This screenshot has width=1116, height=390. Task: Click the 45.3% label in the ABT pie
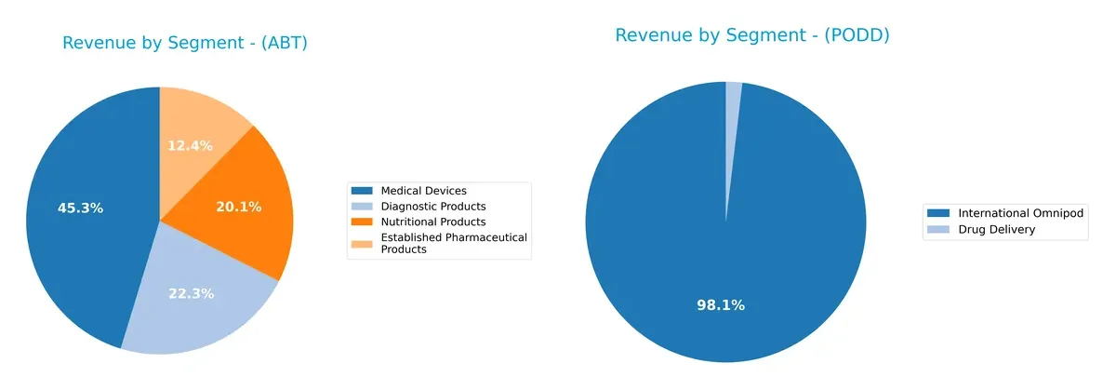tap(80, 208)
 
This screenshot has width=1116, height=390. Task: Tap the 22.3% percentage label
tap(192, 294)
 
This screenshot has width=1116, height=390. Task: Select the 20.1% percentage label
tap(239, 207)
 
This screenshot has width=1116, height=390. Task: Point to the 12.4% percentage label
tap(190, 146)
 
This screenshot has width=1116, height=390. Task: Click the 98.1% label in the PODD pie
tap(721, 305)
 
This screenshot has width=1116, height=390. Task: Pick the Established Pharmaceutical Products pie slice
tap(200, 130)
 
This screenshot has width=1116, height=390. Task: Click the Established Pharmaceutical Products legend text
tap(454, 243)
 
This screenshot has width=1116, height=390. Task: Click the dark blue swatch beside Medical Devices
tap(364, 192)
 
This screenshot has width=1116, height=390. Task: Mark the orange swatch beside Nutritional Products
tap(364, 222)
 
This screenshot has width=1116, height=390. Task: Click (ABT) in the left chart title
tap(285, 43)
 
